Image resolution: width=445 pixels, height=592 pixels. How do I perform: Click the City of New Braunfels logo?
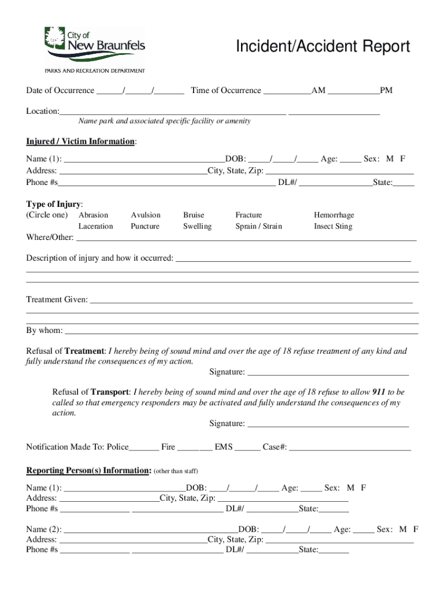coord(95,45)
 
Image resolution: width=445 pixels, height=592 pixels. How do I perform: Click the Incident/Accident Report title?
coord(322,46)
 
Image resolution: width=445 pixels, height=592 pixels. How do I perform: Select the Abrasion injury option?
coord(93,215)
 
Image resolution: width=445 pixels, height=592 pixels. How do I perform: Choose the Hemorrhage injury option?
coord(334,215)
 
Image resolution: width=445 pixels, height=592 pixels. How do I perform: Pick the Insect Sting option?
coord(333,227)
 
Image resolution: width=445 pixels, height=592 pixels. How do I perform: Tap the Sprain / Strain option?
coord(258,227)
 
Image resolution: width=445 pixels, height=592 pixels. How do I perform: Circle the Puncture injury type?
coord(145,227)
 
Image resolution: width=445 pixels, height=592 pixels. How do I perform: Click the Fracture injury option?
coord(249,215)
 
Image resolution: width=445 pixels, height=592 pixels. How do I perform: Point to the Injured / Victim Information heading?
coord(81,142)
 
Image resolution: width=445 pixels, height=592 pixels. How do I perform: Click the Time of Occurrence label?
coord(226,91)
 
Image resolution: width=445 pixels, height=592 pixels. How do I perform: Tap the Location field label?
coord(43,111)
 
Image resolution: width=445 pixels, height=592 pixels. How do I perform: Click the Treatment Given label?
coord(57,299)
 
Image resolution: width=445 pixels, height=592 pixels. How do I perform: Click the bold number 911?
coord(379,392)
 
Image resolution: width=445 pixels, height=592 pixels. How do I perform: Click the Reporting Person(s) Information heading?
coord(88,471)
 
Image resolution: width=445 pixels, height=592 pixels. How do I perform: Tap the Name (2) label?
coord(44,529)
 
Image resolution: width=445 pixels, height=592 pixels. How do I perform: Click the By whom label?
coord(44,331)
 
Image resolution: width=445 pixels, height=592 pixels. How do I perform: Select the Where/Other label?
coord(50,238)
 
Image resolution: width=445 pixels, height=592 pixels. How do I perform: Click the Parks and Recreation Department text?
coord(95,71)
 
